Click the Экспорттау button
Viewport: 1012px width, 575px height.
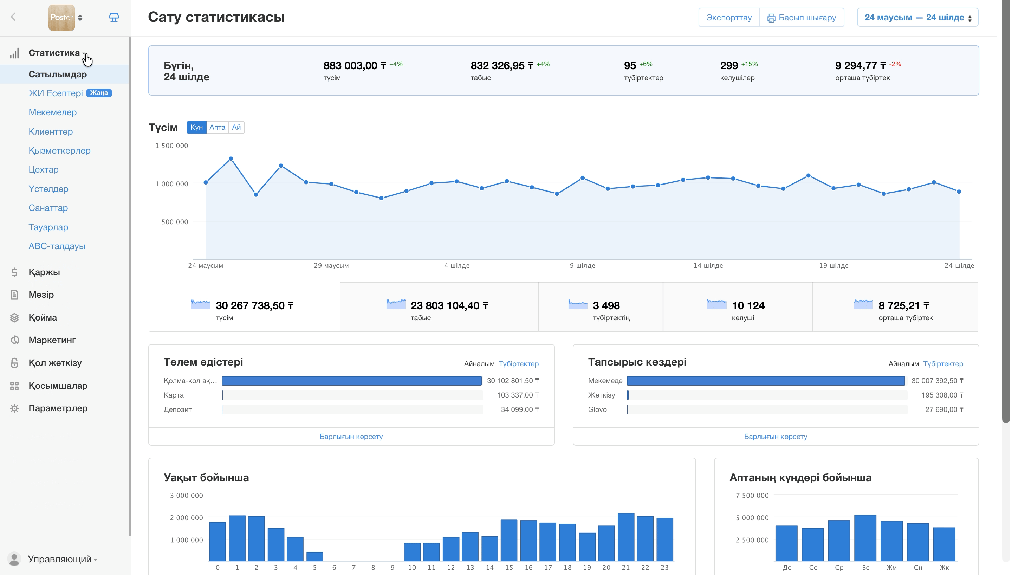(729, 17)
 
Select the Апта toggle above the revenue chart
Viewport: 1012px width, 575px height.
(218, 127)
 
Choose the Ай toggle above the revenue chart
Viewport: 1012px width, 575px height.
(236, 127)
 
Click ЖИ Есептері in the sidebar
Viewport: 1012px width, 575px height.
(56, 93)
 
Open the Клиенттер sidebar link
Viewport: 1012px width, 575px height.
(51, 131)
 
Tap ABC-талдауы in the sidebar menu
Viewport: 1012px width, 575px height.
(57, 246)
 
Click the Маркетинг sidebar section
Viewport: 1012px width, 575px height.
(52, 340)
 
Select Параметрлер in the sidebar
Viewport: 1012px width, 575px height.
(58, 408)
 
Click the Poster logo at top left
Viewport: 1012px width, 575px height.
(61, 17)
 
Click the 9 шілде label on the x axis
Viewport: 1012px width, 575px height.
(583, 265)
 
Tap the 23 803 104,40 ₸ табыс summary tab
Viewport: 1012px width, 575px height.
(439, 307)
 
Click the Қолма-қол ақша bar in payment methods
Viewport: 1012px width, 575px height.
(352, 381)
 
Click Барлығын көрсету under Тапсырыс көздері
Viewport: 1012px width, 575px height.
(776, 437)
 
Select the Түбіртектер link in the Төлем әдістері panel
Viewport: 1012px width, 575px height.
(519, 364)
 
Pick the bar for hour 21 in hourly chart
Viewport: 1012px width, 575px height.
(626, 537)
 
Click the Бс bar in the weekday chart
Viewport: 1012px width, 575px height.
(865, 538)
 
